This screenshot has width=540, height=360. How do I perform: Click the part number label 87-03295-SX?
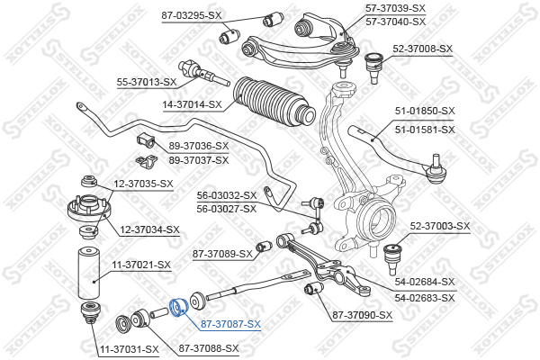192,15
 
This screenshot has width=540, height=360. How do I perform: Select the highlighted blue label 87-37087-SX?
230,324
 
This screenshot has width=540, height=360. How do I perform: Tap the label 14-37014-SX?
192,104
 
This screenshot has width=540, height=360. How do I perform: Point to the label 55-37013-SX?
147,82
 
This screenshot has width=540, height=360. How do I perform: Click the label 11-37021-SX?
140,265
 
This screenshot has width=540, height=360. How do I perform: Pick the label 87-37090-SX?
362,315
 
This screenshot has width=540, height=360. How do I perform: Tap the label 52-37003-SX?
440,226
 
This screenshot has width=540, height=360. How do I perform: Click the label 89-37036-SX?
199,146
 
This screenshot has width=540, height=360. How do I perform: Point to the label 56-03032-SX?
227,194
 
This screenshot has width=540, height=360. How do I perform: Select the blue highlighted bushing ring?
178,306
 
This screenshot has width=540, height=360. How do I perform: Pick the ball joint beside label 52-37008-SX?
373,65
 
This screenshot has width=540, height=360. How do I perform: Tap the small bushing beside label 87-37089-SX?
264,246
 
